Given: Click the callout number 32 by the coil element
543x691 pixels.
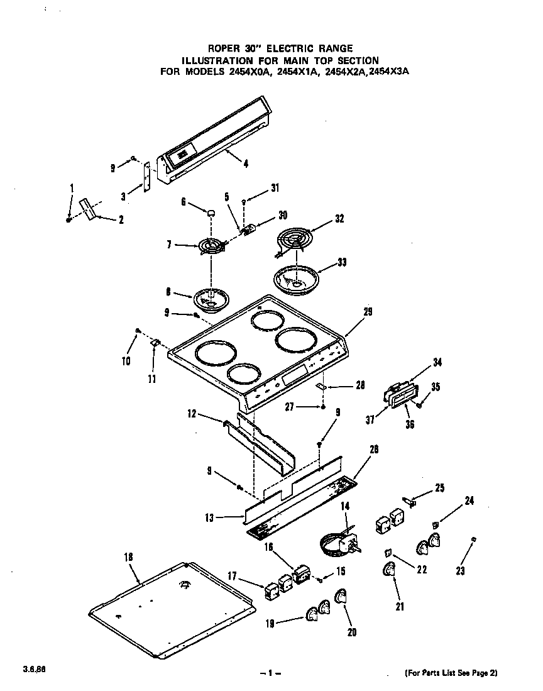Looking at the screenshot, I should (339, 219).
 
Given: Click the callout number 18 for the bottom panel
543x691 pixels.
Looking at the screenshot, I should (128, 556).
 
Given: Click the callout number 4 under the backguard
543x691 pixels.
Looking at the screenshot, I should (245, 165).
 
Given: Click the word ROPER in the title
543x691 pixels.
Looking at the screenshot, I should (223, 48).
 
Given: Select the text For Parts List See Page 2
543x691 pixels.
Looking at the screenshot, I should (451, 673).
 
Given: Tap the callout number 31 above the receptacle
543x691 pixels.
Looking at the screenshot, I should (275, 188).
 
